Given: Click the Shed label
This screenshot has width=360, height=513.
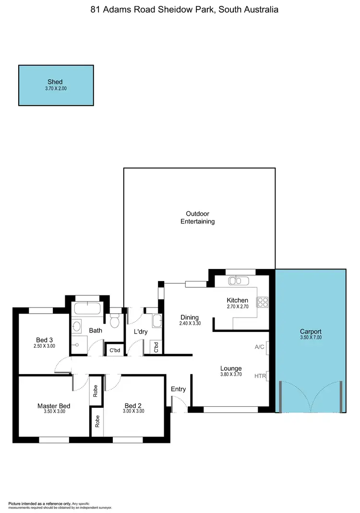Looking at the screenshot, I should [55, 82].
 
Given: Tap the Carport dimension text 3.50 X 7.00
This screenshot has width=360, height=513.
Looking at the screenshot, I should [311, 338].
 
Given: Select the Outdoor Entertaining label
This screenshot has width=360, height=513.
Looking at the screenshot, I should [197, 218].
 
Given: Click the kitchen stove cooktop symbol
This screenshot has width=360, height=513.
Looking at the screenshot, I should [263, 302].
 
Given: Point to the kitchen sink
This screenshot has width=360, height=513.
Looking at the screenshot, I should [237, 281].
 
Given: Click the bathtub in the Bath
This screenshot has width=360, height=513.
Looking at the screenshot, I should [87, 309].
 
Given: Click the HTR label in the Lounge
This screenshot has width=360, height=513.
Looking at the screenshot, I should [260, 376].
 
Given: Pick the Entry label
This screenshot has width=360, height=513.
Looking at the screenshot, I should [178, 389].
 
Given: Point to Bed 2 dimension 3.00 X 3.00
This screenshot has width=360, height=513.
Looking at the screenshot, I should [133, 411].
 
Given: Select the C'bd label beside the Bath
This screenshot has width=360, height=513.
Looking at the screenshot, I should [114, 350].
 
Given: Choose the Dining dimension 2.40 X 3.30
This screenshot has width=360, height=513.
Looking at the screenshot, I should [189, 324].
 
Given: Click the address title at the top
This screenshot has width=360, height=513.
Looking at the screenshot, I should [184, 10].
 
